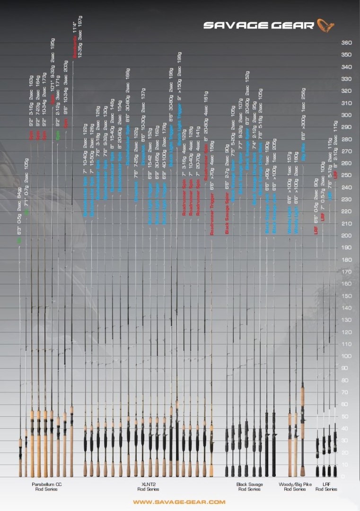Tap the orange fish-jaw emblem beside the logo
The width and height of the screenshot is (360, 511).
(325, 25)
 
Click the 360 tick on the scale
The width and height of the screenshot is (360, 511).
(346, 43)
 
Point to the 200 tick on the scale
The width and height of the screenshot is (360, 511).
(346, 236)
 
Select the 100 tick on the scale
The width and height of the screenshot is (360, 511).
(346, 356)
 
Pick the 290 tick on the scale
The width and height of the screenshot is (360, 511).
(346, 127)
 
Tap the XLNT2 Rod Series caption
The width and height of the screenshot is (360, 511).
(148, 487)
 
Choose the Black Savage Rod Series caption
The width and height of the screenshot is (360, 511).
(249, 487)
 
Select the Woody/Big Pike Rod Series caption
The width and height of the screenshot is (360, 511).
(295, 487)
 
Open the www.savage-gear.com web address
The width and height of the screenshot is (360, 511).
(179, 502)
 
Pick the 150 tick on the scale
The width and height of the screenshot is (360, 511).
(346, 296)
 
